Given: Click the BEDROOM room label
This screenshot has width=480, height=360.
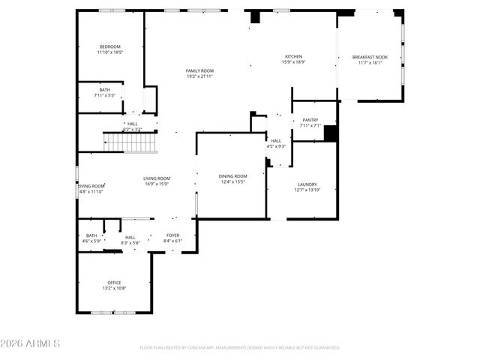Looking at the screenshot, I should pyautogui.click(x=109, y=46).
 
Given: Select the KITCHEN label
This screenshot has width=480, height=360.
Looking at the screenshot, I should pyautogui.click(x=293, y=57).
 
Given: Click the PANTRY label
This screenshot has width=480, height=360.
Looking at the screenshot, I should pyautogui.click(x=310, y=120).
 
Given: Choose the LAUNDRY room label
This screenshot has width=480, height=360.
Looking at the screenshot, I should pyautogui.click(x=307, y=184).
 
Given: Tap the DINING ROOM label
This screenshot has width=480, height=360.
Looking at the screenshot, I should pyautogui.click(x=233, y=176).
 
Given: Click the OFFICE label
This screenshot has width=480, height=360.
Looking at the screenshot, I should pyautogui.click(x=114, y=283).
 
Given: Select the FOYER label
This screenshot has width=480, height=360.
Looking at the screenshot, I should pyautogui.click(x=172, y=235).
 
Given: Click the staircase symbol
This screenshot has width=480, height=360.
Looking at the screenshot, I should pyautogui.click(x=128, y=142).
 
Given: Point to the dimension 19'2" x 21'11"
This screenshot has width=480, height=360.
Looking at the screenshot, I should pyautogui.click(x=200, y=76).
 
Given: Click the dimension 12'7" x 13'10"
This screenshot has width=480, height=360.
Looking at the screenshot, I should pyautogui.click(x=307, y=190).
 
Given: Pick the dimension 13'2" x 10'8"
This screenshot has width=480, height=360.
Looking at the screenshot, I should pyautogui.click(x=114, y=289).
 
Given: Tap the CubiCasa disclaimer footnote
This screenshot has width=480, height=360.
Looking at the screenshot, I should pyautogui.click(x=240, y=348).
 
